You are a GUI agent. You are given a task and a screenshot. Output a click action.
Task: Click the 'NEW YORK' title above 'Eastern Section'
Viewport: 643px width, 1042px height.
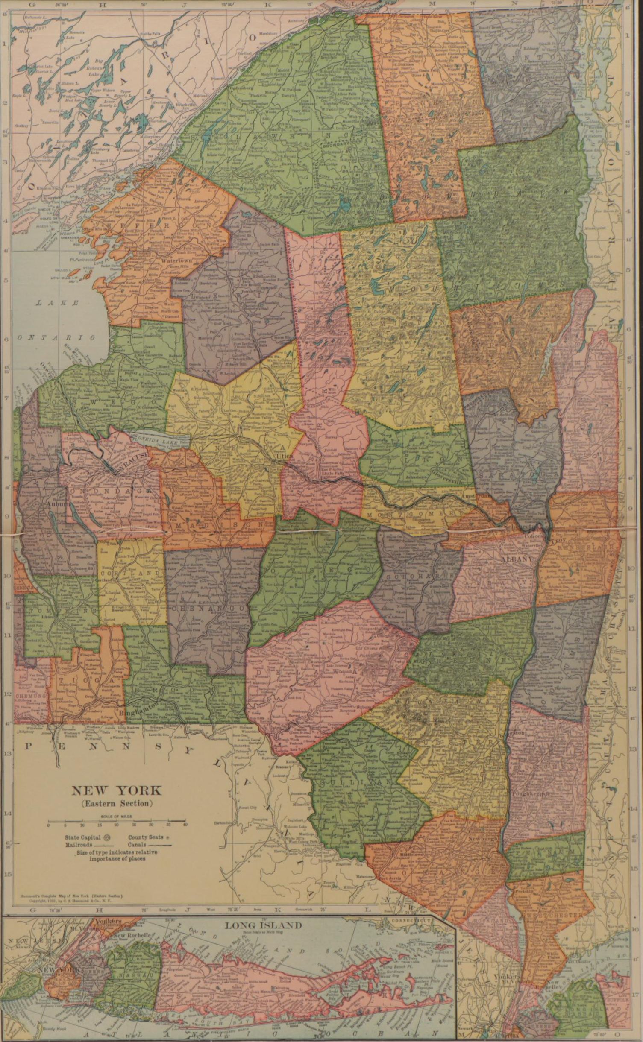[x=117, y=790]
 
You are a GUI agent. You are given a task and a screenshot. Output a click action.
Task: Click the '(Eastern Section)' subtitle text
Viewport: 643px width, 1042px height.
[x=117, y=803]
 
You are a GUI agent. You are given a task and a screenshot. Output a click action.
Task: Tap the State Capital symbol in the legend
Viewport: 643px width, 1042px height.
[x=107, y=837]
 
